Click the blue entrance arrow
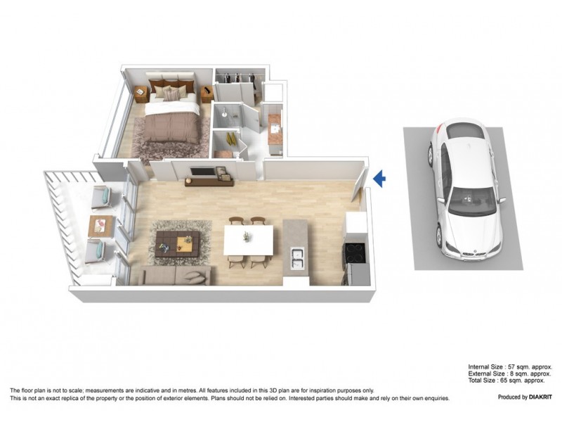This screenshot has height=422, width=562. tap(379, 179)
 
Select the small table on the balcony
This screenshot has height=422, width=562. tap(100, 226)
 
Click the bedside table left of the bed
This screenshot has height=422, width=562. tap(141, 91)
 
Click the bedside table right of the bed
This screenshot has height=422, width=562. tap(207, 94)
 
